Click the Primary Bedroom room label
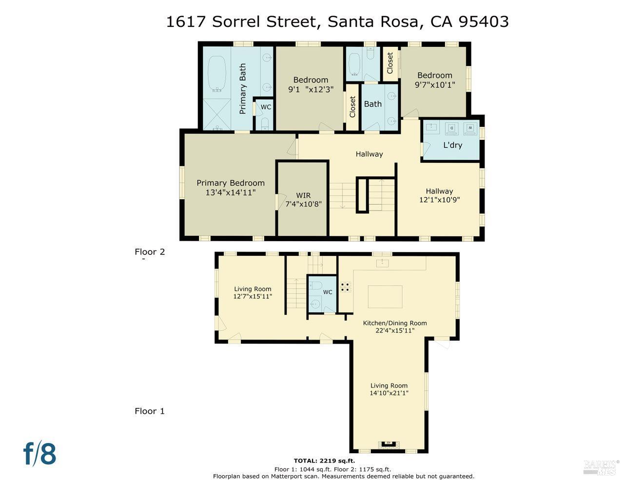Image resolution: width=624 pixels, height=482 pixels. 231,183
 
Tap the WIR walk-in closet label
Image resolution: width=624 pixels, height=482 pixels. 303,195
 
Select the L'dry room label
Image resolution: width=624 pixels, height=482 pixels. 452,145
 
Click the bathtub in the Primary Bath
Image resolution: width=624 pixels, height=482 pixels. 216,74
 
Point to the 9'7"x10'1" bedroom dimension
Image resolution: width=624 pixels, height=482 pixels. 434,84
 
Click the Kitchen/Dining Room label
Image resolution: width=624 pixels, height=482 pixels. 395,323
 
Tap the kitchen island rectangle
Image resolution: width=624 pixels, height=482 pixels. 385,297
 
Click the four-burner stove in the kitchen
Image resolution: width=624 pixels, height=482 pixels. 345,287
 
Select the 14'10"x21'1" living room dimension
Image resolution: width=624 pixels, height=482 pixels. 389,393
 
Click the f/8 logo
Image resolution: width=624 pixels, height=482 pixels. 40,453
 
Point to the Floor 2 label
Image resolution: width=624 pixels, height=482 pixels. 150,252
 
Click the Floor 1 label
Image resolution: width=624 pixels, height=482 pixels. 150,411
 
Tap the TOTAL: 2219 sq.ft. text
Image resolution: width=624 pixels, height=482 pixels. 324,461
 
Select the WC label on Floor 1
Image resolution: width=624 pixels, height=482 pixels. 328,292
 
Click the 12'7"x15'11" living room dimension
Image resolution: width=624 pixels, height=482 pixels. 253,296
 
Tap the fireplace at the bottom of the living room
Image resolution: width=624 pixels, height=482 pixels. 389,444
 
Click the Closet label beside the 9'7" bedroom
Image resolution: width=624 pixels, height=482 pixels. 390,63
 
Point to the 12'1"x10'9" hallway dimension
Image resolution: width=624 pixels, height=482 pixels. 439,199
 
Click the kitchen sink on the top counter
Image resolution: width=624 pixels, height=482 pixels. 382,263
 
